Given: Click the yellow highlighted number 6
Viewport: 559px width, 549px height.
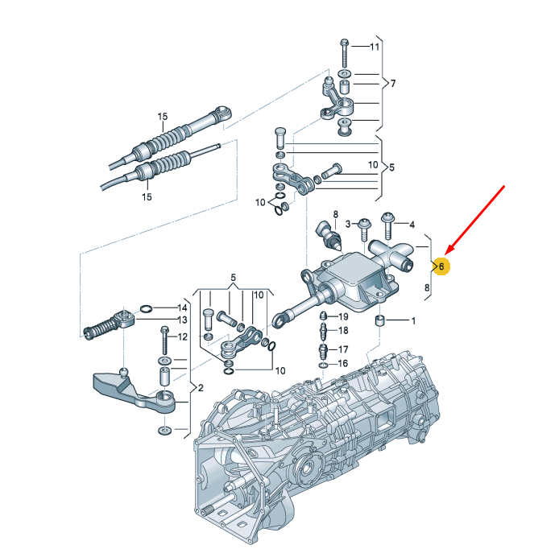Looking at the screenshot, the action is [x=441, y=266].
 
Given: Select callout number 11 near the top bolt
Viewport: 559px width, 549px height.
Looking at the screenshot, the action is [x=375, y=47].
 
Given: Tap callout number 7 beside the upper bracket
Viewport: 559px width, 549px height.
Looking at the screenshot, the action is [x=393, y=84].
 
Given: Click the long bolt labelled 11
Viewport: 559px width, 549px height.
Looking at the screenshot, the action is [x=345, y=53].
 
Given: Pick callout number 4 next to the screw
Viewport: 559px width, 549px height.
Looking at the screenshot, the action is [x=412, y=225].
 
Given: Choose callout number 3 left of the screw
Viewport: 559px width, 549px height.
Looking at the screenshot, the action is [x=348, y=224].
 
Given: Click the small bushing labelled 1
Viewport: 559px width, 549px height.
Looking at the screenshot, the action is [x=380, y=320].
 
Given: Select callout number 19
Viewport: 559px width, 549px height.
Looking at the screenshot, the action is [x=343, y=316].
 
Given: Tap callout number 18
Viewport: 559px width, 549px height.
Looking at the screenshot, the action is [x=343, y=331].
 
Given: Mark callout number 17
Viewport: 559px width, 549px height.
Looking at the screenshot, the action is [x=343, y=349].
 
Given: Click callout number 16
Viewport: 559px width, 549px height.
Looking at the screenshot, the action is [x=342, y=363].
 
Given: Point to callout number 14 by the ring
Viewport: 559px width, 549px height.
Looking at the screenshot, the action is [x=183, y=308].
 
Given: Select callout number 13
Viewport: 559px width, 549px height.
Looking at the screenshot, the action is [x=183, y=320].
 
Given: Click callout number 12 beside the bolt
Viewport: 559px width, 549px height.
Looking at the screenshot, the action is [x=183, y=336].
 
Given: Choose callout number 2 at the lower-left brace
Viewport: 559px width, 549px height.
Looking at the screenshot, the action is [x=201, y=388].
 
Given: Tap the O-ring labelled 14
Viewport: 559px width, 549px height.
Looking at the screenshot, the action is [x=147, y=308].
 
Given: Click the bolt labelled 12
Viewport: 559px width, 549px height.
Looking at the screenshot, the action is [x=164, y=341].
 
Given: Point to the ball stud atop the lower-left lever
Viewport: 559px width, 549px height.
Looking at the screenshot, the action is [x=123, y=373].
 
